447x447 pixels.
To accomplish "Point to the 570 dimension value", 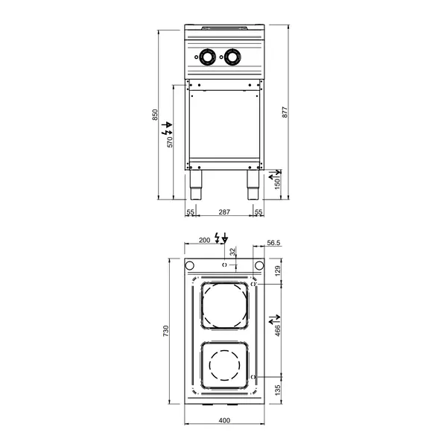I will coord(170,141).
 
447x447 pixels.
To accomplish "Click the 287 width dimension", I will coord(223,213).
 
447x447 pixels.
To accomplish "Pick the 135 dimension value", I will coord(277,389).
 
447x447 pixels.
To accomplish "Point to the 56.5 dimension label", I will coord(273,242).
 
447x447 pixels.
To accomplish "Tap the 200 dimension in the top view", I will coord(204,241).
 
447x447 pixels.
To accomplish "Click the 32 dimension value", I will coord(232,252).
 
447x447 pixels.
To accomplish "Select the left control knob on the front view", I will coord(206,56).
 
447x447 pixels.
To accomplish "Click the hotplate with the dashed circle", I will coord(224,367).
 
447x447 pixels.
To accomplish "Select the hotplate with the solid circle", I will coord(224,307).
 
